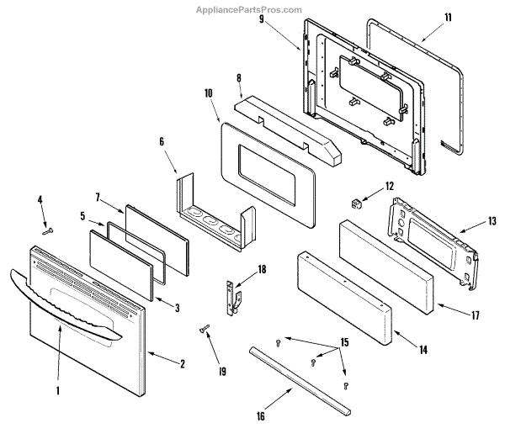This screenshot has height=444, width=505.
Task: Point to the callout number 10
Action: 208,94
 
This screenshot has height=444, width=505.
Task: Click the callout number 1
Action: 58,391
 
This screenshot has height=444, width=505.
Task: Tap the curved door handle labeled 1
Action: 67,303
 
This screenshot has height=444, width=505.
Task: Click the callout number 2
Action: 180,364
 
